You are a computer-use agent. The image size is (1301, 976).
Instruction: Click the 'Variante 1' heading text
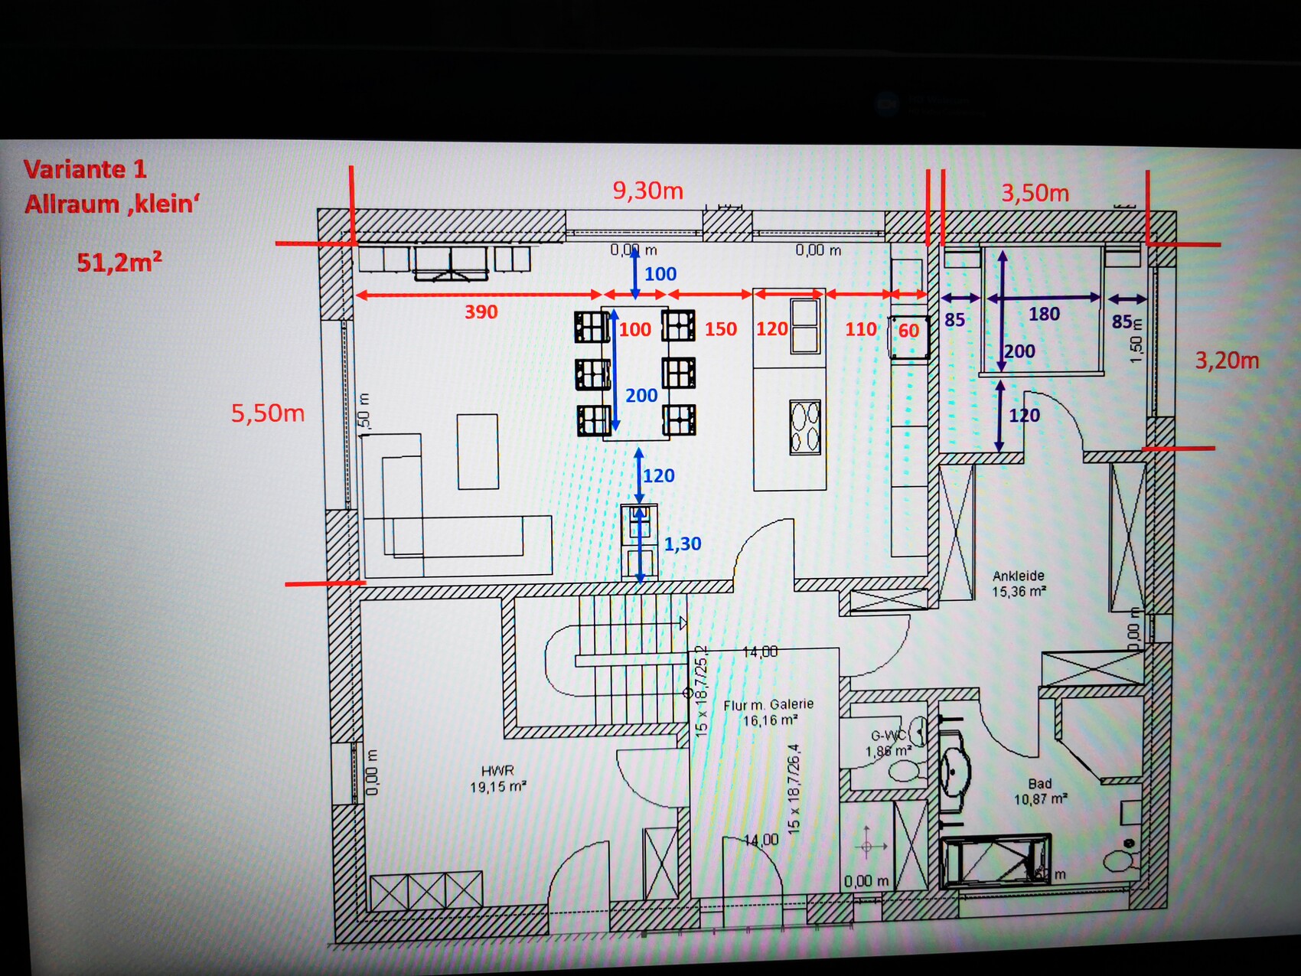point(84,169)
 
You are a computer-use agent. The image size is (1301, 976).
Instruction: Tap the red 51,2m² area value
point(119,263)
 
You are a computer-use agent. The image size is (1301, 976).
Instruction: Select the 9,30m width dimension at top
point(647,191)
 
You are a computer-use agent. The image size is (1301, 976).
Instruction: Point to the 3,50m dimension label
point(1035,193)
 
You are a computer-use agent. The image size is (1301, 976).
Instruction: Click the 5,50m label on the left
point(268,413)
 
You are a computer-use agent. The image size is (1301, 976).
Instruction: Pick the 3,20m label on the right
point(1227,360)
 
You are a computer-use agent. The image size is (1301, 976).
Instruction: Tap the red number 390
point(481,312)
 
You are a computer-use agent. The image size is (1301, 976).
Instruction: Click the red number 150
point(720,329)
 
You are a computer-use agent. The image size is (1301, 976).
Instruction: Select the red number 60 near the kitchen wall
point(908,331)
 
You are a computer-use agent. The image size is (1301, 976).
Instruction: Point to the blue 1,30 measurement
point(682,544)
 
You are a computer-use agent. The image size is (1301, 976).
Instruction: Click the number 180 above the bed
point(1044,314)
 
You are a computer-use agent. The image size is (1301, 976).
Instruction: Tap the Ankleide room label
point(1018,576)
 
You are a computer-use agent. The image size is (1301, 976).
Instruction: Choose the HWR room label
point(497,771)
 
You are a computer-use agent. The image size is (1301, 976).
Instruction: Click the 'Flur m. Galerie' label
point(768,704)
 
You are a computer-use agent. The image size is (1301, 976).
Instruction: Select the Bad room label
point(1039,784)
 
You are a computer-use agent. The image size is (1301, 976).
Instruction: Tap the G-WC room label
point(888,736)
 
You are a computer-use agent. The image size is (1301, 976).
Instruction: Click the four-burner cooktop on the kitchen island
point(805,427)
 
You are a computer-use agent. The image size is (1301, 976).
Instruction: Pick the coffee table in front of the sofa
point(478,451)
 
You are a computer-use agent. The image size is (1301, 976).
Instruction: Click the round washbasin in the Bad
point(955,769)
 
